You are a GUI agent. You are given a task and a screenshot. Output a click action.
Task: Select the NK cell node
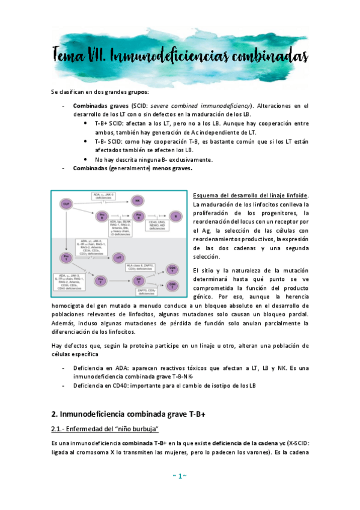(x=137, y=200)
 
